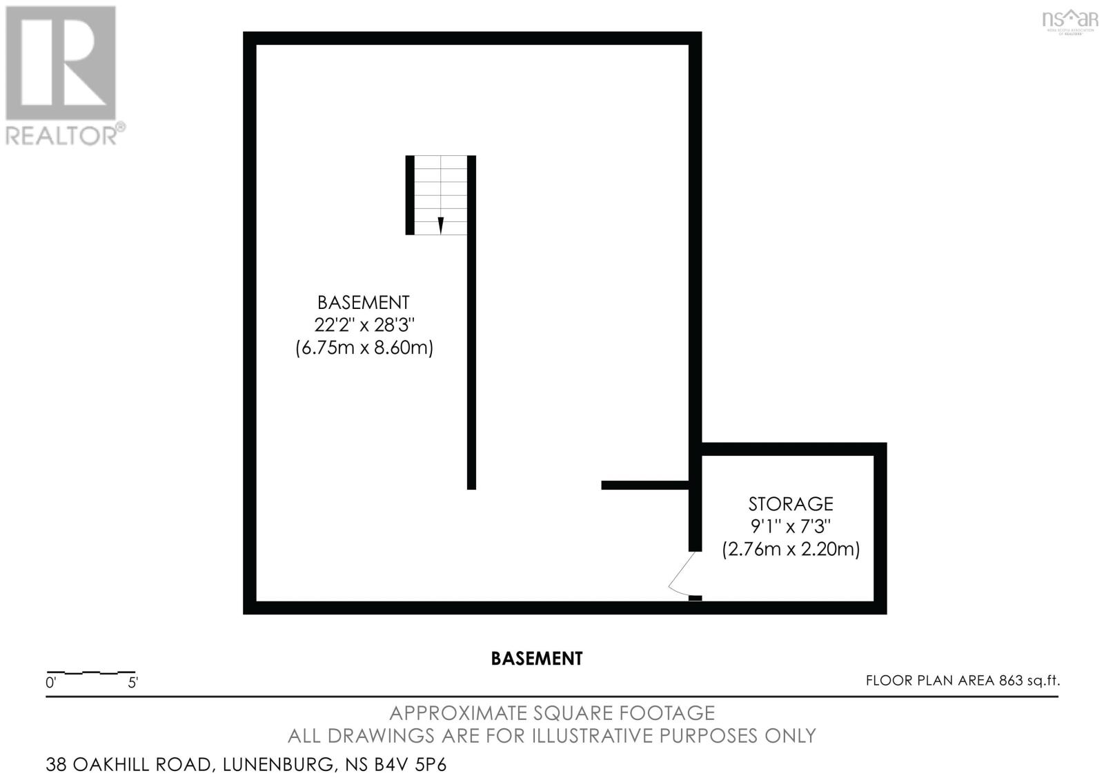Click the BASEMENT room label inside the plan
(363, 302)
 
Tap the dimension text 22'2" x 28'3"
(364, 325)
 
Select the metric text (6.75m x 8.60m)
(364, 348)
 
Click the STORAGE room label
(791, 503)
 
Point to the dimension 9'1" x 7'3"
(791, 526)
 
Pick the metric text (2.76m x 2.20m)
(791, 550)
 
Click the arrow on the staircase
(441, 225)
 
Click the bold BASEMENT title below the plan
(536, 659)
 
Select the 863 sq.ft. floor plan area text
(1029, 681)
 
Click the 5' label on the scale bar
(132, 683)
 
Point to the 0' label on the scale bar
(50, 683)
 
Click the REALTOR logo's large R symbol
(61, 63)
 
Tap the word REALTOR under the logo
(62, 135)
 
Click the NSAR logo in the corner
(1069, 20)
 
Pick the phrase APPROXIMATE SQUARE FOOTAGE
(551, 712)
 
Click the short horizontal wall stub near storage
(644, 486)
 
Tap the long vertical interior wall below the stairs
(471, 359)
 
